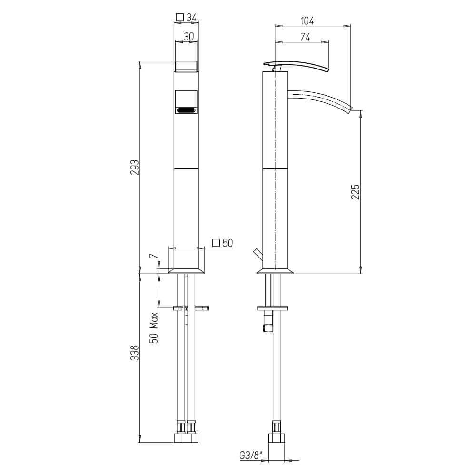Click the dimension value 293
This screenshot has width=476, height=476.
click(134, 167)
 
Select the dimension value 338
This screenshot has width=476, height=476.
click(134, 353)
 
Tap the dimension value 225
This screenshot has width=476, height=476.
click(355, 191)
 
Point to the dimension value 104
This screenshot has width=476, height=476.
click(307, 21)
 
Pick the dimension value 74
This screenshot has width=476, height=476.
click(306, 37)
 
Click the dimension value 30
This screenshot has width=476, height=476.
click(189, 37)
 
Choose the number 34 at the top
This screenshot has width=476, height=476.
click(191, 18)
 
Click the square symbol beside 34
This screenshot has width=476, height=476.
click(180, 17)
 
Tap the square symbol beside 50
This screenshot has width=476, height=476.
click(216, 243)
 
